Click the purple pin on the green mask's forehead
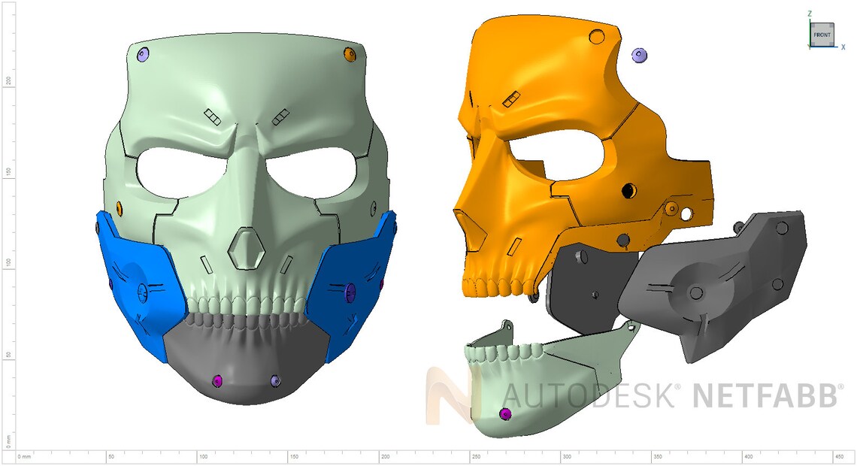click(x=144, y=54)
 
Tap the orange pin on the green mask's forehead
click(x=349, y=54)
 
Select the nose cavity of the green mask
click(x=246, y=247)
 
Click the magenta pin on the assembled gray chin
click(x=218, y=381)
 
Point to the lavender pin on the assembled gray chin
click(x=274, y=381)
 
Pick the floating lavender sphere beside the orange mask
click(x=640, y=55)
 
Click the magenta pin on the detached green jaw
click(x=505, y=414)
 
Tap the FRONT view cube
click(x=822, y=35)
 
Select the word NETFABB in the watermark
click(x=765, y=395)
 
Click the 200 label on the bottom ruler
click(x=385, y=457)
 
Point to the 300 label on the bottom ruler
click(x=567, y=457)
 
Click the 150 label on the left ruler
click(x=8, y=171)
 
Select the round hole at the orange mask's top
click(x=598, y=36)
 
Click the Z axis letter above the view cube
click(x=810, y=14)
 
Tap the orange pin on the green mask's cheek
click(x=120, y=207)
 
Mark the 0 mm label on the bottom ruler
click(x=24, y=457)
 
